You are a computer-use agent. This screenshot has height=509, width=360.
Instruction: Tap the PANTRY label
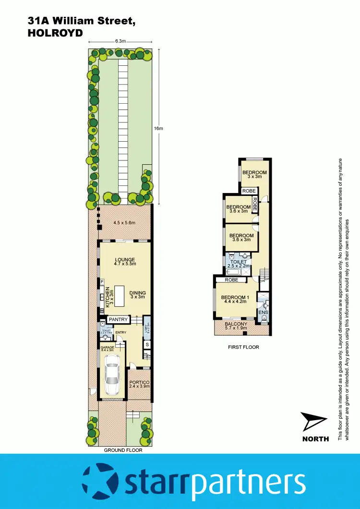118,319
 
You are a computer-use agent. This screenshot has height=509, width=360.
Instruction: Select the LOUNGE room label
125,260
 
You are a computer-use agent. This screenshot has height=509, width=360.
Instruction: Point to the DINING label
137,293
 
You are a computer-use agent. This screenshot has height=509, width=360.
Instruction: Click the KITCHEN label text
108,296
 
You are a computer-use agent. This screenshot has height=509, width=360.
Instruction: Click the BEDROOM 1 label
235,298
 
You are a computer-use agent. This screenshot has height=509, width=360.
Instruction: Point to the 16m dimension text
158,128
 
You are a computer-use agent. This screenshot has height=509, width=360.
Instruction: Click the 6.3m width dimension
120,41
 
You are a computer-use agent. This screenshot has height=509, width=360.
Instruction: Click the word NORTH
315,439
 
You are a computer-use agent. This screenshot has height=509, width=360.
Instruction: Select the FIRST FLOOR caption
243,347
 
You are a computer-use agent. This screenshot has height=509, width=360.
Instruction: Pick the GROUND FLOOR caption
123,450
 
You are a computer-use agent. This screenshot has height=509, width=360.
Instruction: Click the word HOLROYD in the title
55,33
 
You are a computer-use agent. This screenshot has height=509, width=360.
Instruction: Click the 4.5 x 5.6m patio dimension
125,222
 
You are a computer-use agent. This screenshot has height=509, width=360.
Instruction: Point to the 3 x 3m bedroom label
254,177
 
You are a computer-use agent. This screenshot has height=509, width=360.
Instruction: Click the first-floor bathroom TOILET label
238,262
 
